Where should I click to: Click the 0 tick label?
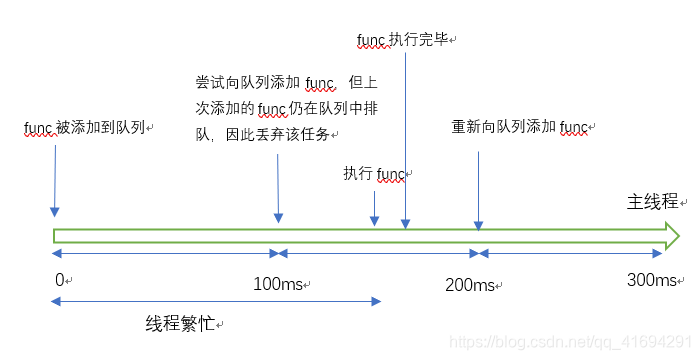(59, 279)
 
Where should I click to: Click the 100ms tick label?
(279, 285)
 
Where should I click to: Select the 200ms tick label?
(470, 285)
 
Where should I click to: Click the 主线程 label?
(646, 204)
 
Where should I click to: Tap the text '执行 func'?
(374, 174)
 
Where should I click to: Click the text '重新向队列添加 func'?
(519, 128)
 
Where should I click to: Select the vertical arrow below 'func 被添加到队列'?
(54, 180)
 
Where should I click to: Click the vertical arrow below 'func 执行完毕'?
(406, 140)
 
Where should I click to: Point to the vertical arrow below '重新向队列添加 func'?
(479, 190)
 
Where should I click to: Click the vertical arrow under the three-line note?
(279, 185)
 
